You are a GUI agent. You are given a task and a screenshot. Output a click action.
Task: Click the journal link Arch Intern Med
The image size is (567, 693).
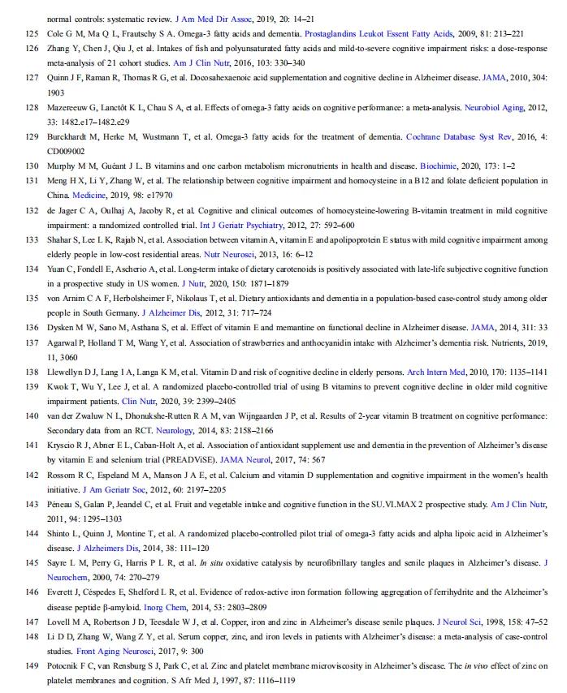point(435,372)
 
